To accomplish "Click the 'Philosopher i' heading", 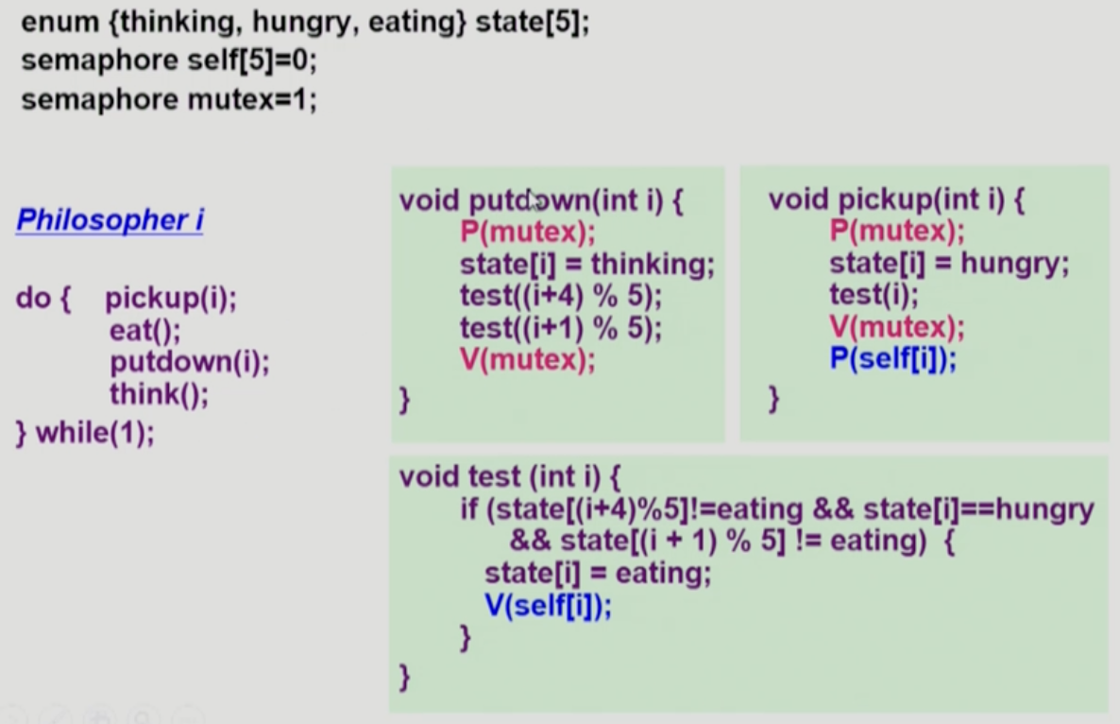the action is pos(110,220).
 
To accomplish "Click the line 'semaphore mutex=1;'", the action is pos(168,99).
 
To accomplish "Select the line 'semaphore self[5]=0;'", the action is pos(168,60).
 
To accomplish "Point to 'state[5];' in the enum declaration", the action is pos(532,21).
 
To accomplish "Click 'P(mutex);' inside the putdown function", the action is pos(528,232).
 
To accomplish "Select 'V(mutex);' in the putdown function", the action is pos(528,360).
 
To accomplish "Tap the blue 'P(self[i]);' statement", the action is pos(892,360).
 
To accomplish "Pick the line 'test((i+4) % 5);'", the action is pos(561,296).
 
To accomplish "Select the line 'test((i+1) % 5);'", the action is pos(561,328).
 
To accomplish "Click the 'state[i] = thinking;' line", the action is pos(587,264).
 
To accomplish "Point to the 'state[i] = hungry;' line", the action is pos(949,264).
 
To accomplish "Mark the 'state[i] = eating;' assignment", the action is pos(597,574).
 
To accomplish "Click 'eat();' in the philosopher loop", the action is pos(144,331).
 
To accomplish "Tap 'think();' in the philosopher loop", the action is pos(159,394).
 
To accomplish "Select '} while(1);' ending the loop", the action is pos(85,434).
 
